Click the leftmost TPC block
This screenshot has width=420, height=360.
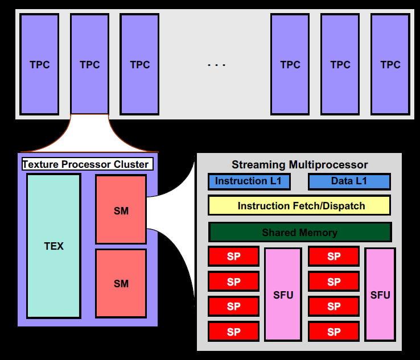pos(40,64)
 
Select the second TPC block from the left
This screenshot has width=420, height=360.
pos(90,64)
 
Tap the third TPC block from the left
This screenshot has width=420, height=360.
pos(139,64)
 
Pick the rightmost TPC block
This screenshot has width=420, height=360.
pos(390,64)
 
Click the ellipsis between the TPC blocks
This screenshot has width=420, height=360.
pos(216,65)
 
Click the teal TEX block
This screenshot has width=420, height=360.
pos(54,246)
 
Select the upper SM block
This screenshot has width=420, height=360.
pos(121,210)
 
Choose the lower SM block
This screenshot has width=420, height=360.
pos(121,283)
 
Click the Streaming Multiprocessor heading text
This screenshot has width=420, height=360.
pos(299,165)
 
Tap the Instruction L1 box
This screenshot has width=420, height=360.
pos(249,181)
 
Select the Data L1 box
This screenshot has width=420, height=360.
pos(349,181)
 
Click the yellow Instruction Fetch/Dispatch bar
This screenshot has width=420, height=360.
pos(299,205)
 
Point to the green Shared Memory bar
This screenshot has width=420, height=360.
pos(299,232)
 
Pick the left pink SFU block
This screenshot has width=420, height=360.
pos(283,295)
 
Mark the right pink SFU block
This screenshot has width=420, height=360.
pos(380,295)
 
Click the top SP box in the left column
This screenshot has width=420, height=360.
pos(234,256)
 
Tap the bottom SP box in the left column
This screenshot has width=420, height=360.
pos(234,331)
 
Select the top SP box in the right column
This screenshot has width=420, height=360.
pos(334,256)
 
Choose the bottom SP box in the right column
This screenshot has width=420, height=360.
pos(334,331)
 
